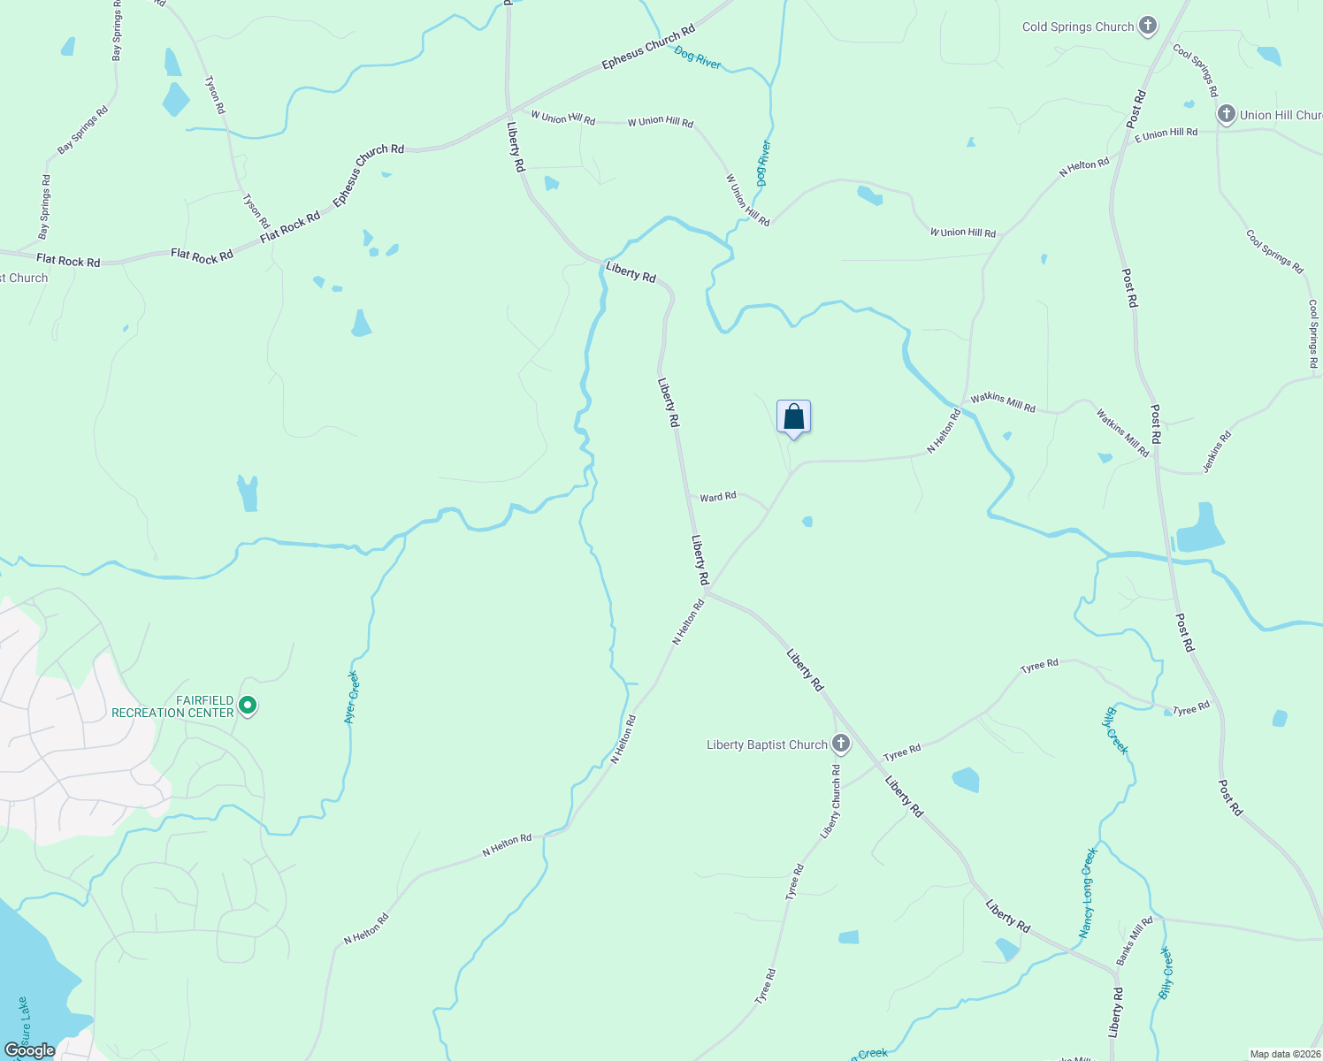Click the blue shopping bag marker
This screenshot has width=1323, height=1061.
tap(793, 416)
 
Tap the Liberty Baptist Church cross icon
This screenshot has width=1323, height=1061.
tap(841, 744)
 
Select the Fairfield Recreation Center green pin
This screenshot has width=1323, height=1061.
tap(249, 706)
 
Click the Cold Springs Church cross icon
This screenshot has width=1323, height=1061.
tap(1148, 26)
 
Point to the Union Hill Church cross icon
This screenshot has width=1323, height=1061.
tap(1226, 114)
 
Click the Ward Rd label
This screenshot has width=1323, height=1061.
tap(717, 497)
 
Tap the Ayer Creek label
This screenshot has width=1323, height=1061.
tap(352, 698)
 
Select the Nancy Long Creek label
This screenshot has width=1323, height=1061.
tap(1088, 893)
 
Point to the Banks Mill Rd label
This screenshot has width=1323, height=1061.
tap(1134, 941)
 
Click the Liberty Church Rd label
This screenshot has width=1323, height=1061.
tap(831, 801)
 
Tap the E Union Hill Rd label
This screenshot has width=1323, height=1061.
tap(1166, 134)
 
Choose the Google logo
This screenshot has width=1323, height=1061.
tap(29, 1050)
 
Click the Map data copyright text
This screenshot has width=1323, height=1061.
tap(1284, 1054)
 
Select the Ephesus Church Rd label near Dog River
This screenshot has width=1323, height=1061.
tap(648, 49)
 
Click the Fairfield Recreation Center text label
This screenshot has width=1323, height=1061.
tap(172, 706)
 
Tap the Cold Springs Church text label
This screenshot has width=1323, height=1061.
tap(1077, 27)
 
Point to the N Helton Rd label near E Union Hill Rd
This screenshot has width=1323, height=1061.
tap(1084, 167)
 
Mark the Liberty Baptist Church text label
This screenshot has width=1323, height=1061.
tap(767, 744)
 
